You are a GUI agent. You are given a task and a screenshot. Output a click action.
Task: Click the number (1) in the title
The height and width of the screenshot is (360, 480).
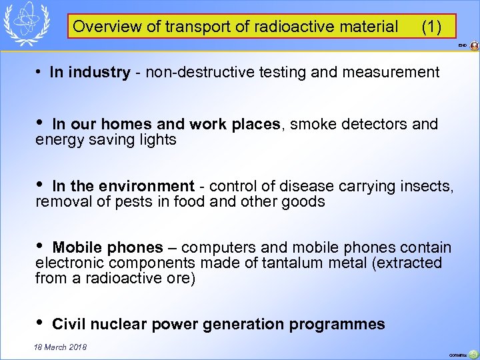pyautogui.click(x=431, y=27)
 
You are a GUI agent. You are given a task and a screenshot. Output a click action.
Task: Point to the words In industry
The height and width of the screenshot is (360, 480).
pyautogui.click(x=89, y=72)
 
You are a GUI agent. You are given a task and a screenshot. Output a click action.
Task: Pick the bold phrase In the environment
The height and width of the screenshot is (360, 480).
pyautogui.click(x=123, y=187)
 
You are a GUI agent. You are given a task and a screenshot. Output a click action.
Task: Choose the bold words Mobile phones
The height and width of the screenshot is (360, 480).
pyautogui.click(x=107, y=248)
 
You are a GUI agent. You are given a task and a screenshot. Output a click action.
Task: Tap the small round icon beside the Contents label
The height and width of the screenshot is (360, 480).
pyautogui.click(x=473, y=354)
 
